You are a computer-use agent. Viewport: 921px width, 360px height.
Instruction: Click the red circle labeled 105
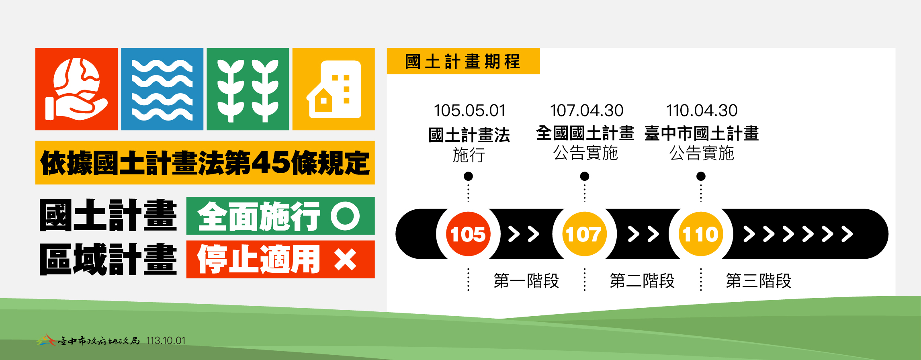468,234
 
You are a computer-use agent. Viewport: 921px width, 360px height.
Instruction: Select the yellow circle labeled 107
584,234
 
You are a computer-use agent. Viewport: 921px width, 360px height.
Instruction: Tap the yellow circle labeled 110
701,234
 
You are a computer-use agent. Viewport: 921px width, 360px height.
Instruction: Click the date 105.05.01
469,110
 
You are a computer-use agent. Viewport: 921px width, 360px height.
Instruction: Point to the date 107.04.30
586,110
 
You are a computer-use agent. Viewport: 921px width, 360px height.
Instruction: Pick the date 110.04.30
702,110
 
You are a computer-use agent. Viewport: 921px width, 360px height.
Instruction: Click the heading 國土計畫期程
463,61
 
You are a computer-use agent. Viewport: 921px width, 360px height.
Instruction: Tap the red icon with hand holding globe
76,89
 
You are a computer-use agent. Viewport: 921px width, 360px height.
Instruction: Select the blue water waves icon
162,89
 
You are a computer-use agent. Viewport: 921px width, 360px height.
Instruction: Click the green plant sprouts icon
248,89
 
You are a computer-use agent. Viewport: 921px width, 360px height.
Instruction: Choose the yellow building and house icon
334,89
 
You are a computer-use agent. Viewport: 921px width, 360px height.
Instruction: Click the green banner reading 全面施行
280,216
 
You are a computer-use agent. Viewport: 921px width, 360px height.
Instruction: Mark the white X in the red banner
345,260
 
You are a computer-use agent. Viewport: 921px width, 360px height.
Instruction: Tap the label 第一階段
526,280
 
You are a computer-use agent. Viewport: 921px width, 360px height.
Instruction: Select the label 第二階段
642,280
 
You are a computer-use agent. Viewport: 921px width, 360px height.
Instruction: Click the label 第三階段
758,280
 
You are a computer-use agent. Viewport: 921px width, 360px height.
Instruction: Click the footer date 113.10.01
166,341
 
